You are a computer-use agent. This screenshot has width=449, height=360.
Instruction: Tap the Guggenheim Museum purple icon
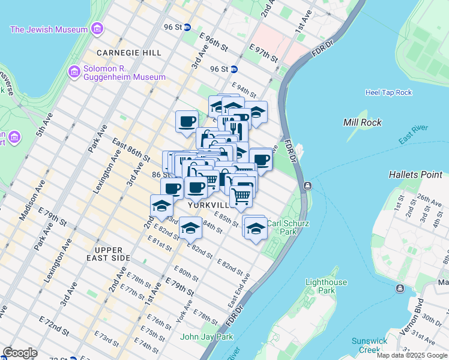[74, 73]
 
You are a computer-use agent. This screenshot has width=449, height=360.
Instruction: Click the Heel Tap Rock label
[388, 92]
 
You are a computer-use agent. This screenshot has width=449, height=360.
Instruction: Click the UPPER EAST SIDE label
[112, 254]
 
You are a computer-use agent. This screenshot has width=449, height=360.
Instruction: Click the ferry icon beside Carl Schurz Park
[307, 185]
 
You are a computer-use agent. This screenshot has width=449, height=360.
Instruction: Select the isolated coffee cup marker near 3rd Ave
[187, 121]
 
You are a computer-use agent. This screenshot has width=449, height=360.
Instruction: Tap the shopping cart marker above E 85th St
[241, 195]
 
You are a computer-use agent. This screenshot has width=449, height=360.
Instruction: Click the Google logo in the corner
[20, 353]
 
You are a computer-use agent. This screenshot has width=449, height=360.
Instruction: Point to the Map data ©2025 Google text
[412, 355]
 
